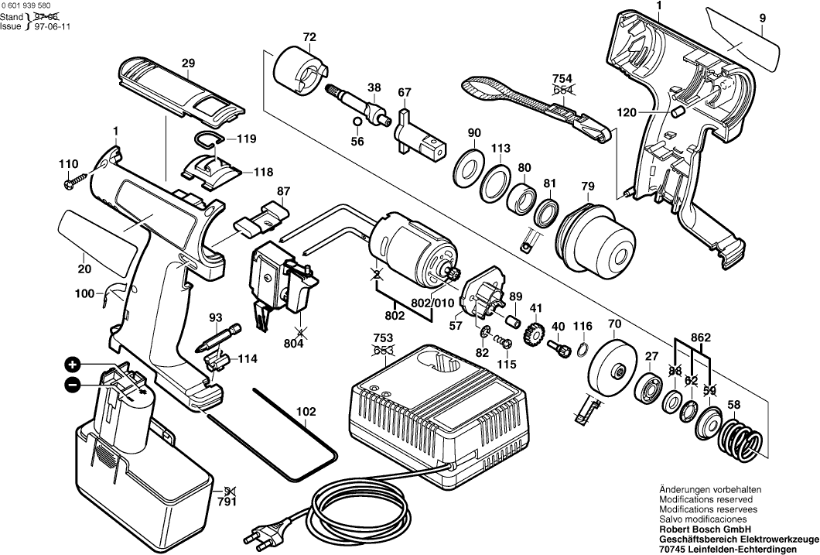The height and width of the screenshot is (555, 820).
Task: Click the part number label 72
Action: click(x=309, y=36)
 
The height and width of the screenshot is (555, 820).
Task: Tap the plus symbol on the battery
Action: click(x=72, y=364)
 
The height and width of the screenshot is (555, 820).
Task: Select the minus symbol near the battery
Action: click(x=72, y=384)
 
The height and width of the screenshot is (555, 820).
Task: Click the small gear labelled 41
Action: click(x=533, y=335)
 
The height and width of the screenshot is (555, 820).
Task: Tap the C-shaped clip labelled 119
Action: click(x=207, y=139)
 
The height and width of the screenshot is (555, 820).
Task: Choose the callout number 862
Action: click(x=699, y=337)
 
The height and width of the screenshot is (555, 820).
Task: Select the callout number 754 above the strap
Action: click(x=562, y=77)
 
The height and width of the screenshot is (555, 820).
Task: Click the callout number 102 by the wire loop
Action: click(x=306, y=412)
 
